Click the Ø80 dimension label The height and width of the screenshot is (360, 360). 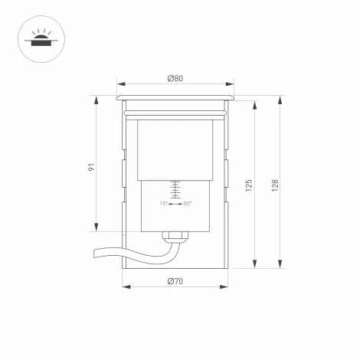pos(175,78)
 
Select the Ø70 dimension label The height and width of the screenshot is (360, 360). pos(175,281)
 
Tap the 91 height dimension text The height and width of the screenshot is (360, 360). pos(91,167)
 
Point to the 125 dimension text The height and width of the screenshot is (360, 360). pos(249,185)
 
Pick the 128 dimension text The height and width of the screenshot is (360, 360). pos(275,185)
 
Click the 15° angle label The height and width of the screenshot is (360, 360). pos(164,204)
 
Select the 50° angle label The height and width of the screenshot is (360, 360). pos(188,204)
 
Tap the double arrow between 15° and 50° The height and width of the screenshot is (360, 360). pos(175,204)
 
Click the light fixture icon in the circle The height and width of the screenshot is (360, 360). pos(41,39)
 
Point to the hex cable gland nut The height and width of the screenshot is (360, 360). pos(175,235)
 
